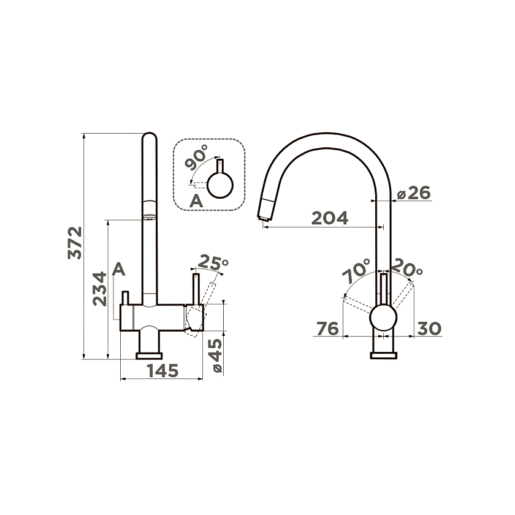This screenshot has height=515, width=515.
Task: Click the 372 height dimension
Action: click(75, 243)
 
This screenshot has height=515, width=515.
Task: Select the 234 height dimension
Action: click(100, 289)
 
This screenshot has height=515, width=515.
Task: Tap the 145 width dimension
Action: click(162, 371)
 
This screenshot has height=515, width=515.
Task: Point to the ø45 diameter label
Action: click(216, 356)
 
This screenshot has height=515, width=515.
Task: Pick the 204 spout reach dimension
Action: click(329, 218)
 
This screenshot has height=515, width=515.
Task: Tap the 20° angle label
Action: click(407, 267)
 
